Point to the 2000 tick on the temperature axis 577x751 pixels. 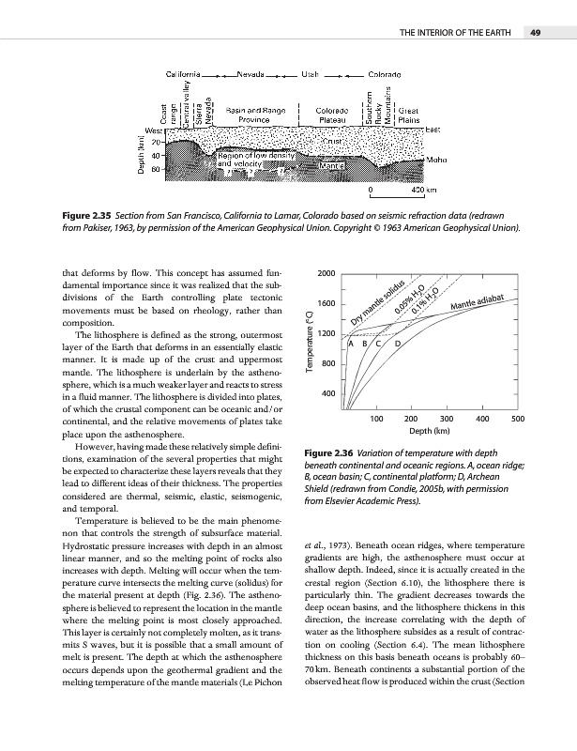(x=326, y=272)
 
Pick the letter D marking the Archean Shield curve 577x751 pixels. (x=397, y=345)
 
